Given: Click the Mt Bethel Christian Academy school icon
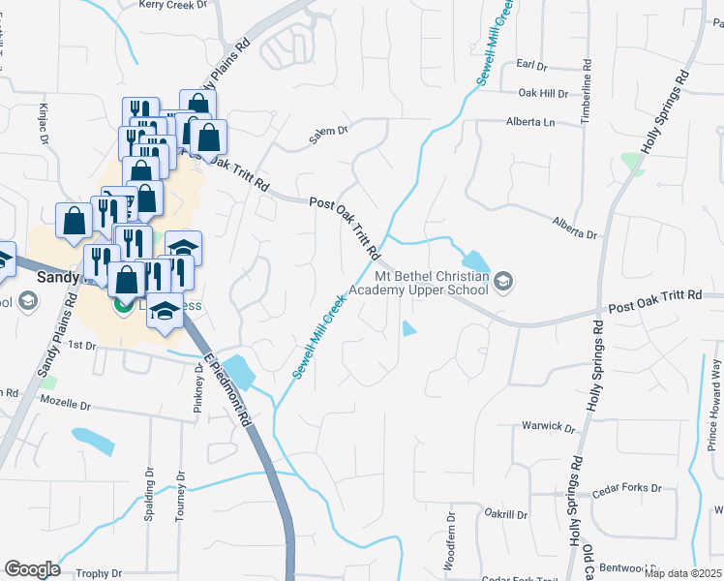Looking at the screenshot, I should (501, 282).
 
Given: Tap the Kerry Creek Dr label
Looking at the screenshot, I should (173, 5).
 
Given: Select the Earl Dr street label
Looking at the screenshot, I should (532, 65).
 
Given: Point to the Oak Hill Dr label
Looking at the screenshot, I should (543, 93).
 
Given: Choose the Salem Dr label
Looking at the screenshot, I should (328, 138).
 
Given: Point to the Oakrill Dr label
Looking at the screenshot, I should (506, 514).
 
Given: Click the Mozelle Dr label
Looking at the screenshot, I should (64, 399).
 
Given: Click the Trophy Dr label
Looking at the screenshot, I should (99, 573).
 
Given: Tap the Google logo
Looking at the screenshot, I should (32, 569).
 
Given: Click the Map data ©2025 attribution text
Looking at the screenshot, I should (683, 573).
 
